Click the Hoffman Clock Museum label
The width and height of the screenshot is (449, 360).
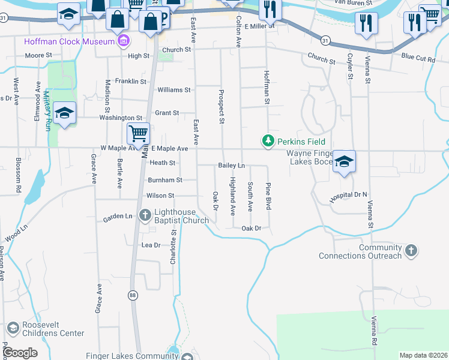tap(69, 41)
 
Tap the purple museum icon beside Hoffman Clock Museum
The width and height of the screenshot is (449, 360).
tap(124, 41)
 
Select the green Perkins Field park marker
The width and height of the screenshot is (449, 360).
tap(268, 142)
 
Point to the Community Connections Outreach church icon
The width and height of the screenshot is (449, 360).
tap(411, 250)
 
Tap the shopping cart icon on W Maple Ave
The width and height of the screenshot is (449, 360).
tap(139, 133)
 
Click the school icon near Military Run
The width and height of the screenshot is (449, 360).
tap(64, 113)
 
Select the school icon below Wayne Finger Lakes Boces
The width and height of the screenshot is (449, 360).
tap(345, 161)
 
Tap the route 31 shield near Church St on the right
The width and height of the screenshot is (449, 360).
tap(325, 40)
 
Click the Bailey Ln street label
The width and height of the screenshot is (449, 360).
tap(231, 165)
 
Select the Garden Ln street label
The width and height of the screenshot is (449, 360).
tap(117, 216)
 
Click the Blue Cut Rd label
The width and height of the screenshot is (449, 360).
tap(418, 57)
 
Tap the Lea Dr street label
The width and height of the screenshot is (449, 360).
tap(150, 245)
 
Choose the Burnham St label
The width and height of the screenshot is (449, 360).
tap(164, 179)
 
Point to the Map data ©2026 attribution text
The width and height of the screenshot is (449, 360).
tap(423, 355)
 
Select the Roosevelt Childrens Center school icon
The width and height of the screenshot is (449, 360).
tap(12, 328)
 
